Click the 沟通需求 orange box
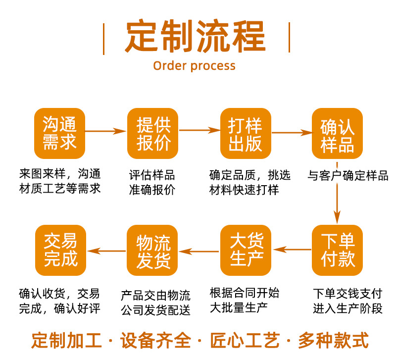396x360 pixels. click(59, 133)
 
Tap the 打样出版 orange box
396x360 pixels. click(246, 133)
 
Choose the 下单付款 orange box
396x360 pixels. click(338, 250)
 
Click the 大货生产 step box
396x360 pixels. click(246, 250)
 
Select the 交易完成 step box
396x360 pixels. click(60, 250)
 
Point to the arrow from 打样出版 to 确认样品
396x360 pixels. click(292, 132)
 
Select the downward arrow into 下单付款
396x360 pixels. click(337, 203)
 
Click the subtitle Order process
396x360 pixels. click(194, 66)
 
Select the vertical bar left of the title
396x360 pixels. click(103, 38)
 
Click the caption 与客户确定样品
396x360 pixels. click(348, 176)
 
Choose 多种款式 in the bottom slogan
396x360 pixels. click(333, 341)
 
